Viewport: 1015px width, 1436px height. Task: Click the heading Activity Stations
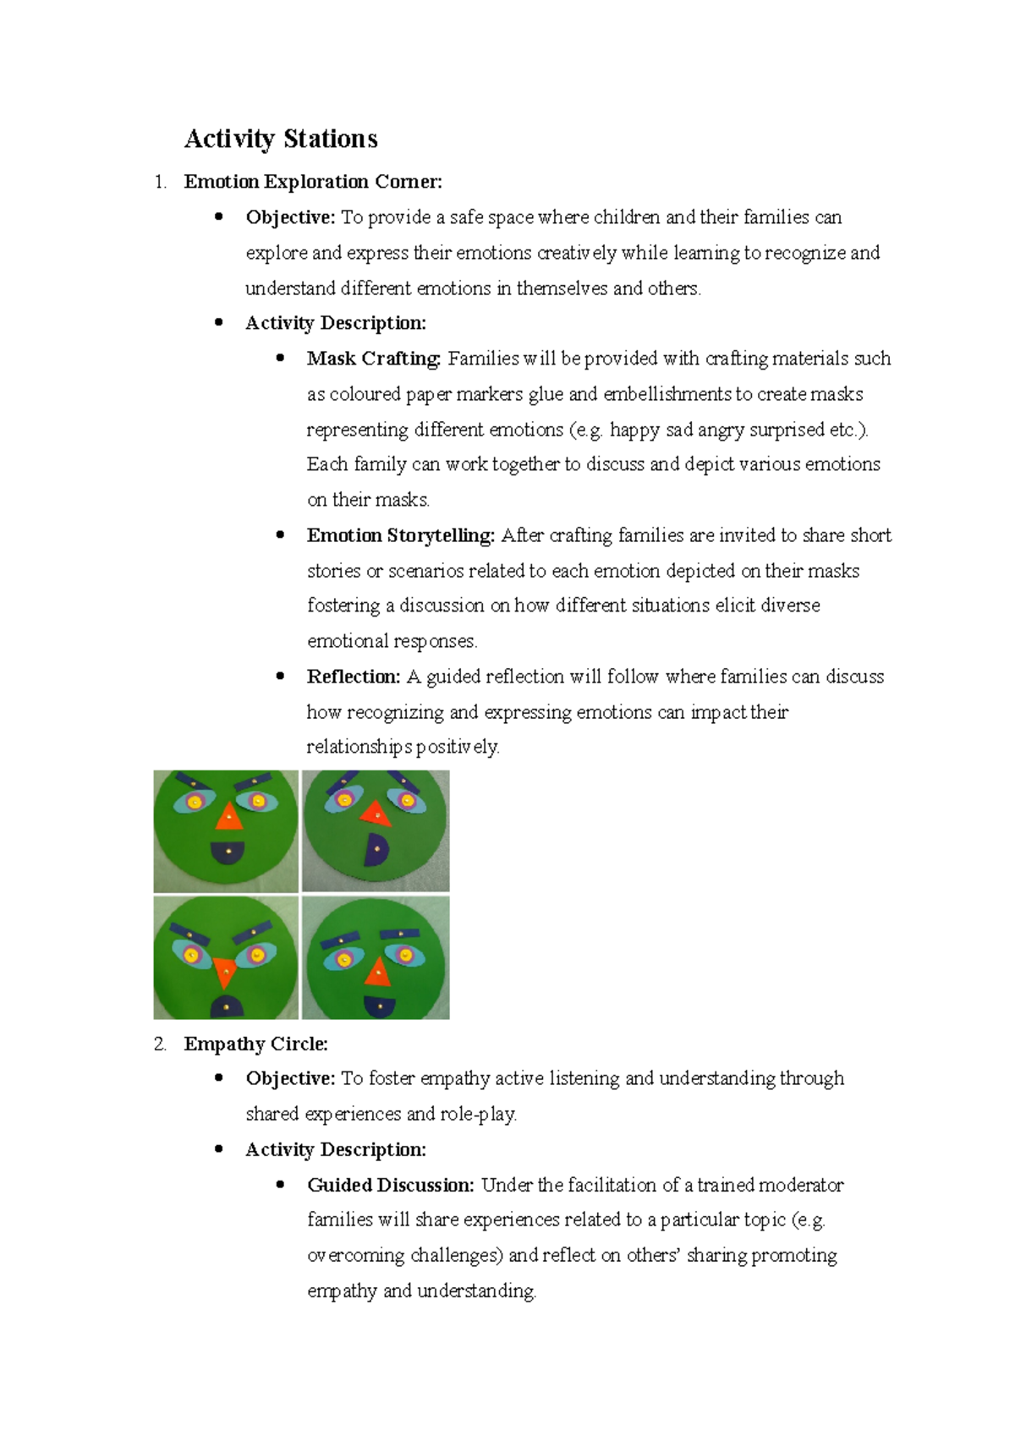(281, 139)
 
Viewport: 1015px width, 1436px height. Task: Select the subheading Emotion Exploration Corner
(312, 182)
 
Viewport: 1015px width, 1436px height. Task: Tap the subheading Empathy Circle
(255, 1044)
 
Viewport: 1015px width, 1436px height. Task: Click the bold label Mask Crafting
(373, 359)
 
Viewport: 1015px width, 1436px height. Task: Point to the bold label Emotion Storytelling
(400, 535)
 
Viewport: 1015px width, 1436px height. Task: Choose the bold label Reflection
(353, 677)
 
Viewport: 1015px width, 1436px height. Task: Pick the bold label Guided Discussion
(390, 1185)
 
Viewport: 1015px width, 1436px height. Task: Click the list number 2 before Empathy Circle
(160, 1044)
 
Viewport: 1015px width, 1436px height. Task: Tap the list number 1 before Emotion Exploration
(160, 182)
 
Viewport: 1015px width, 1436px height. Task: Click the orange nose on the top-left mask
(228, 817)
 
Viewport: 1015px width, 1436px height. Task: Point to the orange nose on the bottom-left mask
(224, 971)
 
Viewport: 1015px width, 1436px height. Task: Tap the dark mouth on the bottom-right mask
(380, 1006)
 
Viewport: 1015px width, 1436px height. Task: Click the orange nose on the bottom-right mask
(377, 973)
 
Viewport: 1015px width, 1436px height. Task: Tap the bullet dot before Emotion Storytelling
(281, 535)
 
